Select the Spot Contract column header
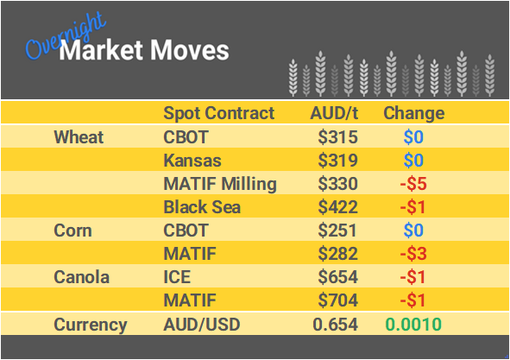click(x=219, y=113)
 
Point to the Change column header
click(x=413, y=113)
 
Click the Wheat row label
click(x=79, y=137)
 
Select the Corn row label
click(x=72, y=231)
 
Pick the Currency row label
click(x=90, y=325)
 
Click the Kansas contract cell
click(x=192, y=161)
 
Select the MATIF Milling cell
click(x=220, y=184)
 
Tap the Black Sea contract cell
click(x=201, y=207)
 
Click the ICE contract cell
click(x=177, y=278)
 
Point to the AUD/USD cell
click(x=202, y=325)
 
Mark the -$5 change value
click(x=413, y=184)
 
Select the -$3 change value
click(x=413, y=255)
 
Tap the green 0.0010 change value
click(x=413, y=325)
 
